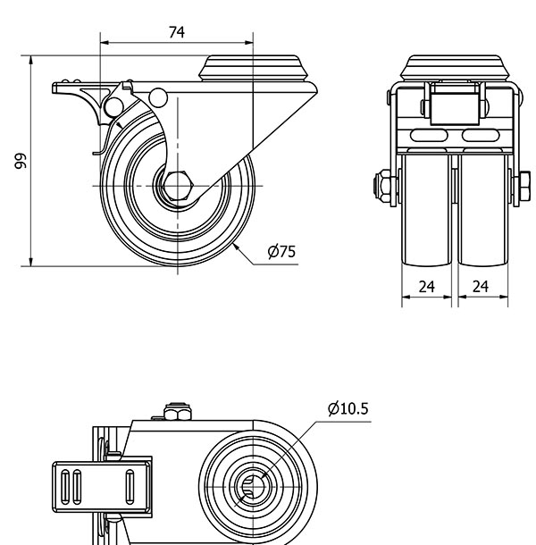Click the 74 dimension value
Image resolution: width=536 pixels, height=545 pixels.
click(x=177, y=32)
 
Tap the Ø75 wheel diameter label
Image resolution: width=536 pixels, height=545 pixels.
click(x=281, y=251)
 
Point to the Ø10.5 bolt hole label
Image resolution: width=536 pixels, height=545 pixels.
click(x=348, y=409)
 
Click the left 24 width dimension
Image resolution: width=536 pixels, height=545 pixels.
click(x=427, y=286)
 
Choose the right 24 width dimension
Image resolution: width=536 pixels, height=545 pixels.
click(x=481, y=286)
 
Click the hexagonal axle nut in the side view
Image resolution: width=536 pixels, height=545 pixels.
click(x=176, y=185)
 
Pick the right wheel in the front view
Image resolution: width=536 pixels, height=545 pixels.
click(x=482, y=210)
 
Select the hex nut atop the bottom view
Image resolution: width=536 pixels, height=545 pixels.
click(x=177, y=414)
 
